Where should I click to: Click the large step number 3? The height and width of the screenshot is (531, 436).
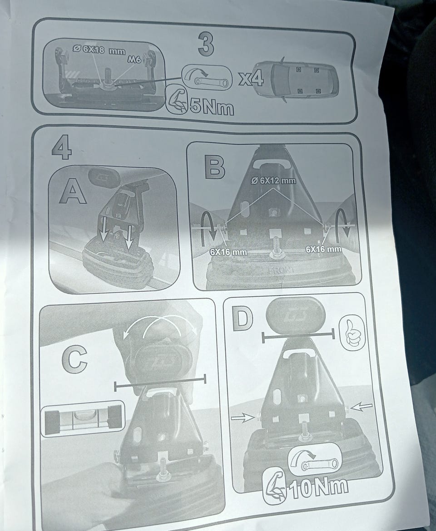pos(206,44)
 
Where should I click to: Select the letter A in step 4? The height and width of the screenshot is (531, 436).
pos(73,192)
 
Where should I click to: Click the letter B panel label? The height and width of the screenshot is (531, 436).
pos(215,166)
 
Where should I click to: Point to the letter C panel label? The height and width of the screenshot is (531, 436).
pos(74,359)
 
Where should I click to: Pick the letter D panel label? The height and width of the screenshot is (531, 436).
pos(242,319)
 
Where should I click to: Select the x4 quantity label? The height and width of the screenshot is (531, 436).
pos(251,79)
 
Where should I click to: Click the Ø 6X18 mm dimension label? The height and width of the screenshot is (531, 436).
pos(99,50)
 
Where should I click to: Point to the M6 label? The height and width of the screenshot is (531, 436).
pos(134,59)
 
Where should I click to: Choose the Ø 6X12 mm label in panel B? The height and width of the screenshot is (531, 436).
pos(273,181)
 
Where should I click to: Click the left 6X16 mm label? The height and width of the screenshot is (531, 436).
pos(228,252)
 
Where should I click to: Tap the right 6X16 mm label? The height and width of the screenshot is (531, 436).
pos(323,249)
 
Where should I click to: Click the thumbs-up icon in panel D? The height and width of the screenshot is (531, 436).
pos(352,333)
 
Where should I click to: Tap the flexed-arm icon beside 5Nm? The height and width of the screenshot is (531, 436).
pos(177,101)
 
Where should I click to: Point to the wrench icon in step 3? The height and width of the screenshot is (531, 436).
pos(207,78)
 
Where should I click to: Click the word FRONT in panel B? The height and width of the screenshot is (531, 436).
pos(281,270)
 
